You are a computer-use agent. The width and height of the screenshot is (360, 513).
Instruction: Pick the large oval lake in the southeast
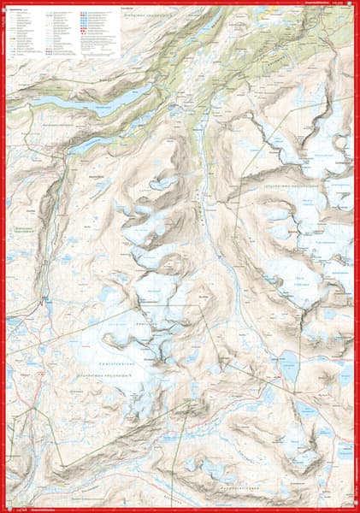(288, 367)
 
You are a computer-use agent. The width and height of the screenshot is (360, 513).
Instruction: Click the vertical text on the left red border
(3, 256)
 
